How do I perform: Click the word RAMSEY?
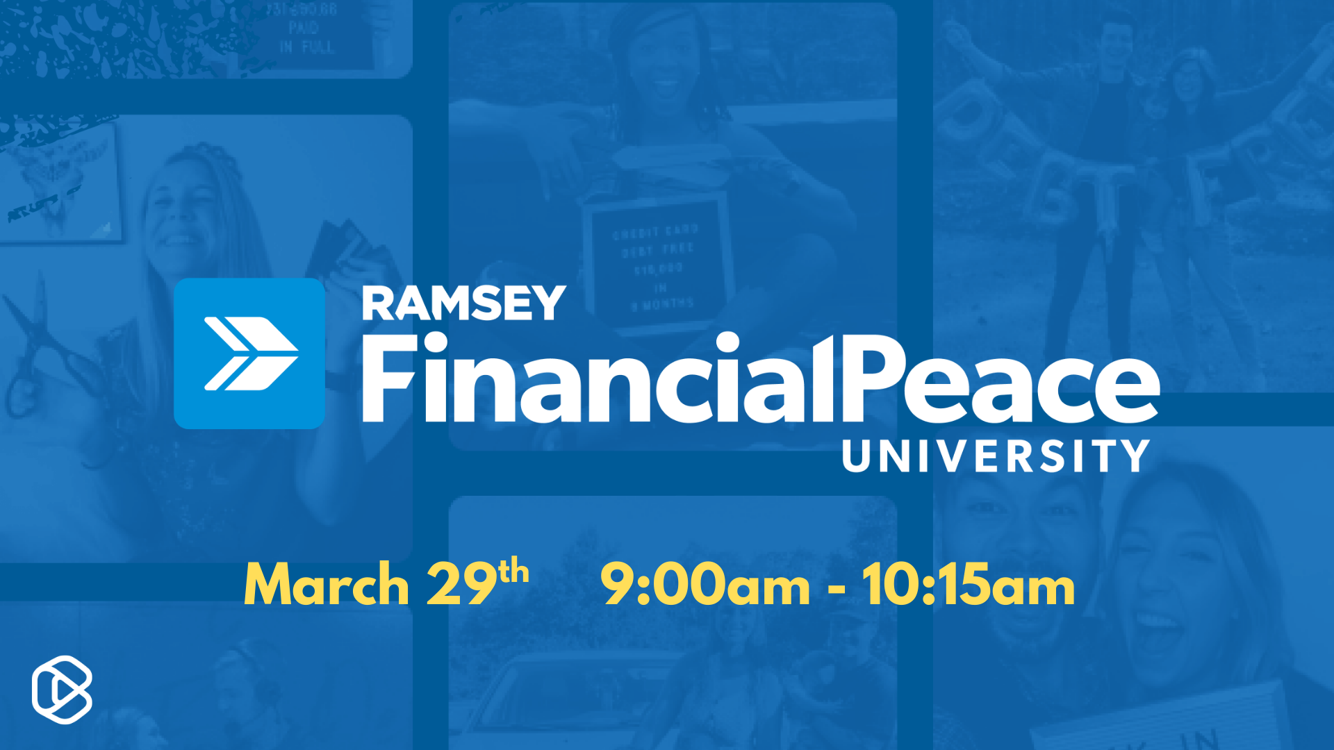463,303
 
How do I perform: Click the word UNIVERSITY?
995,456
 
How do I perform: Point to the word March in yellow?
326,585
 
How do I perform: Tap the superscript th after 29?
513,572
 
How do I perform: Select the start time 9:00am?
705,585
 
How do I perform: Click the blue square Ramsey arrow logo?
249,353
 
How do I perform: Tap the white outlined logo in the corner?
62,690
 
